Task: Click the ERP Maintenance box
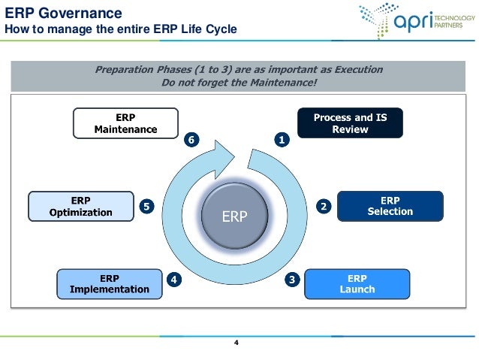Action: point(125,123)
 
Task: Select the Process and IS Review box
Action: point(350,123)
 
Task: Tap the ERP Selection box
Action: point(390,206)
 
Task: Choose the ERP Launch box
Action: point(357,284)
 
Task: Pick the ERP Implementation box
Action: point(109,284)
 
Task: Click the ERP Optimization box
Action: point(80,206)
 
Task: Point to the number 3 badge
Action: point(292,280)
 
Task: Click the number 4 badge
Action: point(173,280)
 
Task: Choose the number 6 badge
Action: point(193,140)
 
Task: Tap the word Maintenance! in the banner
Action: point(282,83)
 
